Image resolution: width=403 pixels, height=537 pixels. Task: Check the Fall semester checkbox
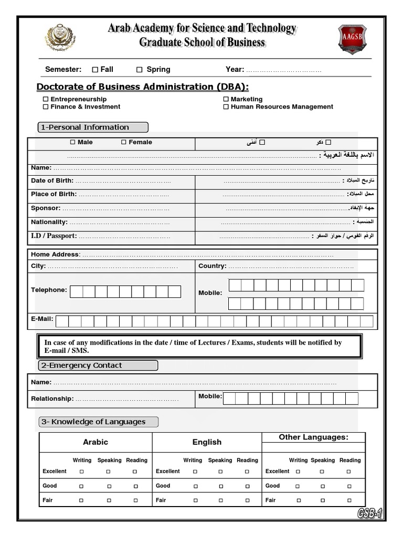[x=95, y=70]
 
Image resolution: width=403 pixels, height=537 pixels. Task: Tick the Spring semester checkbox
[x=140, y=70]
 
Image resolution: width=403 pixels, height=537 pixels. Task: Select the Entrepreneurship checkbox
[x=46, y=99]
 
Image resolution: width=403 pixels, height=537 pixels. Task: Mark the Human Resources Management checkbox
[x=226, y=107]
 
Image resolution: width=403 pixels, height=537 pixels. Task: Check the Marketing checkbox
[x=226, y=99]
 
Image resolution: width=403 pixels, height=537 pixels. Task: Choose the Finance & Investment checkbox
[x=46, y=107]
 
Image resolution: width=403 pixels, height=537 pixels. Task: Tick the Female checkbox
[x=124, y=142]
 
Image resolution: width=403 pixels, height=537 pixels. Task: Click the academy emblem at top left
[x=60, y=38]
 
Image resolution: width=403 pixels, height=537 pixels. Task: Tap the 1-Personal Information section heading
[x=93, y=127]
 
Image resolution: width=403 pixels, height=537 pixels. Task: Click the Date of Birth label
[x=51, y=181]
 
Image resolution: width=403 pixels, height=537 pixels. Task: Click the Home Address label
[x=55, y=255]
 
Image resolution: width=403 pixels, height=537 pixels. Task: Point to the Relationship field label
[x=52, y=399]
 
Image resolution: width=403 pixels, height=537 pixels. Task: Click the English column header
[x=207, y=442]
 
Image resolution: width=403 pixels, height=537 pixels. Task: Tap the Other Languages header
[x=313, y=437]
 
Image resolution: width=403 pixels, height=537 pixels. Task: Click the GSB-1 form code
[x=370, y=515]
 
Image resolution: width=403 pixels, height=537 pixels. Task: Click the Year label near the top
[x=235, y=70]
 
